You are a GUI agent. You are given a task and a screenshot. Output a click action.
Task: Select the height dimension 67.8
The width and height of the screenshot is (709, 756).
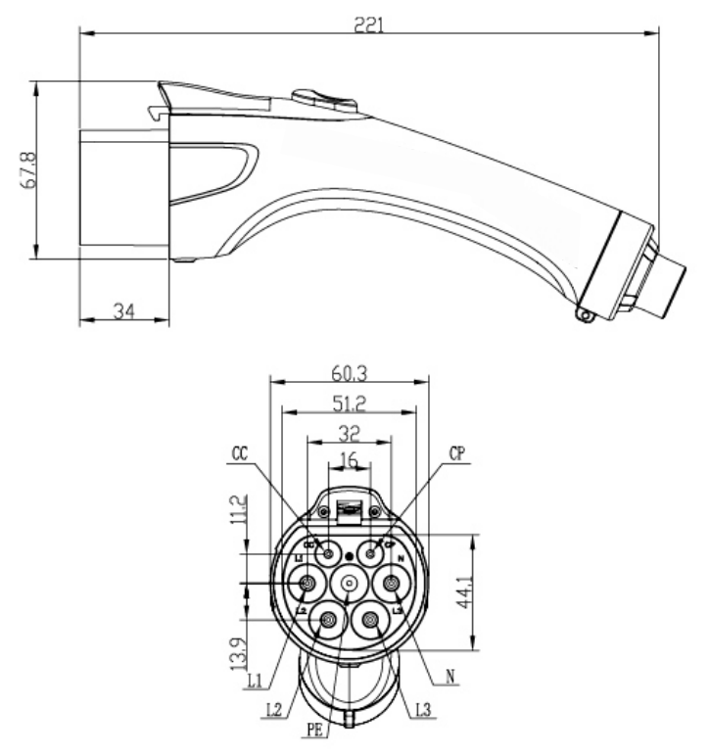tap(29, 169)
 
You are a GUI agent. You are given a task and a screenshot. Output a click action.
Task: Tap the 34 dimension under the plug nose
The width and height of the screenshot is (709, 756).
tap(123, 310)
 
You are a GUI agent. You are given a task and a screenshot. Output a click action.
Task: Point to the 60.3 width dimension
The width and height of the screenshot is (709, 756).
tap(349, 371)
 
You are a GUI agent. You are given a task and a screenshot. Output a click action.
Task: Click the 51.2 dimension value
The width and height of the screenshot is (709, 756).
tap(349, 402)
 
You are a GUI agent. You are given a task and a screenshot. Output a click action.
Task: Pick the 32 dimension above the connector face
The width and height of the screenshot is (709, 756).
tap(349, 431)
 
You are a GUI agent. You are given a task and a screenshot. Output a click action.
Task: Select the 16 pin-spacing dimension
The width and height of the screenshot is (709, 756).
tap(349, 458)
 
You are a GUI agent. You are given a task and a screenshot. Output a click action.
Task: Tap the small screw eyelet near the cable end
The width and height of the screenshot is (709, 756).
tap(585, 313)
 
